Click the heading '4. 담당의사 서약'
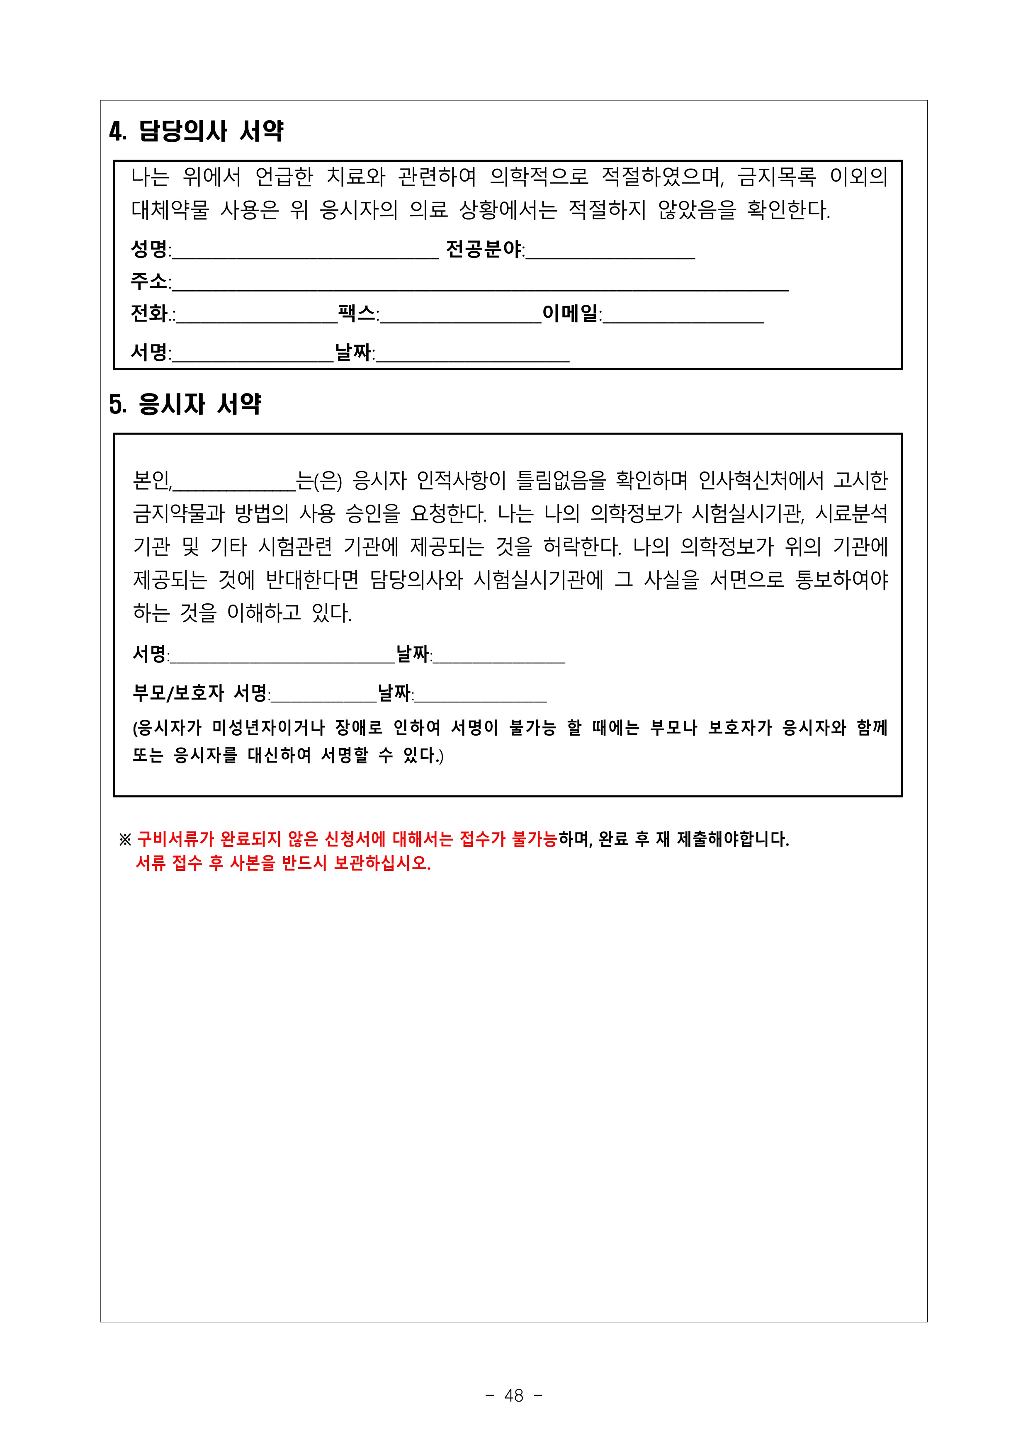[196, 131]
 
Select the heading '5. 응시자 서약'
[185, 404]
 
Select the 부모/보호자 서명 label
[200, 693]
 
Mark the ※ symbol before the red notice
[125, 840]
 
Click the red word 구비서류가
[175, 839]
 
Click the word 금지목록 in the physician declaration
[778, 177]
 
